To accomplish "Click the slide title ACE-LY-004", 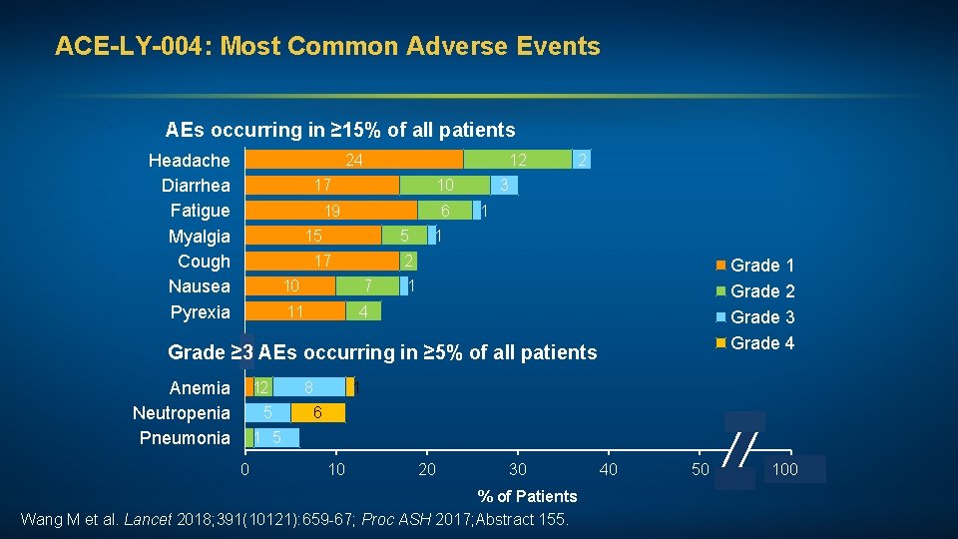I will pyautogui.click(x=327, y=46).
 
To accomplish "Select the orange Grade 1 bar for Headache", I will pyautogui.click(x=354, y=160).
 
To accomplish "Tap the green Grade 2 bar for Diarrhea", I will pyautogui.click(x=445, y=185).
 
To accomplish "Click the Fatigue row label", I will pyautogui.click(x=200, y=211).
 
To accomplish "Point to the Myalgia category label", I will pyautogui.click(x=199, y=237).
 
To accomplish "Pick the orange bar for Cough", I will pyautogui.click(x=322, y=262).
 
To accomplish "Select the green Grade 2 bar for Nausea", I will pyautogui.click(x=367, y=286).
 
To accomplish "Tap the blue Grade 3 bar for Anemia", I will pyautogui.click(x=309, y=387).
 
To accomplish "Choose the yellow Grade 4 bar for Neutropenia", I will pyautogui.click(x=317, y=413).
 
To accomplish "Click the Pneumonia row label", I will pyautogui.click(x=185, y=438).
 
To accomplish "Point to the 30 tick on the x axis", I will pyautogui.click(x=517, y=469).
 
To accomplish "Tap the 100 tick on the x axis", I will pyautogui.click(x=785, y=469).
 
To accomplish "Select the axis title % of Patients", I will pyautogui.click(x=527, y=496).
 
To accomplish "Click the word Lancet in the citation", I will pyautogui.click(x=148, y=519).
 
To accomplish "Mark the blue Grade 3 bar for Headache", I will pyautogui.click(x=582, y=160).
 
